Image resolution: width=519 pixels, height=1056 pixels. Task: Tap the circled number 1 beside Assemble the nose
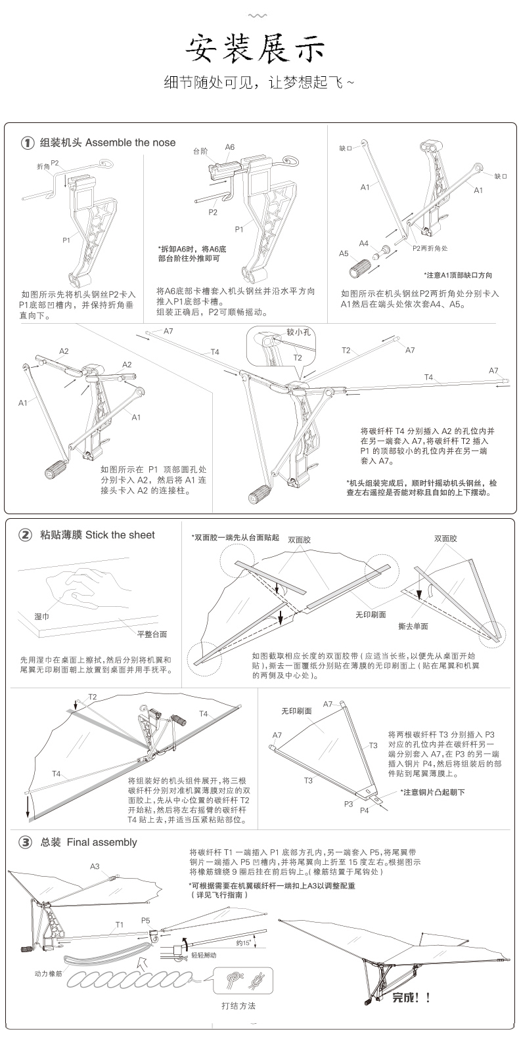[x=27, y=143]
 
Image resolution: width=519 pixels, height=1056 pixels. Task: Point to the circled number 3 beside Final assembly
[x=25, y=842]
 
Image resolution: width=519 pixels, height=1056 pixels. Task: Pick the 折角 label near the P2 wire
[x=43, y=167]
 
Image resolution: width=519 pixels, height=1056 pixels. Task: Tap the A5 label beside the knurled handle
[x=344, y=253]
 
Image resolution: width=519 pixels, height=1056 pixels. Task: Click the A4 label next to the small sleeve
[x=363, y=243]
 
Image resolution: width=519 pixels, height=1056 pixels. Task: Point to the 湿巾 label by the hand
[x=43, y=617]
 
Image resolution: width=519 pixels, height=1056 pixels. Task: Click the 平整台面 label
[x=152, y=634]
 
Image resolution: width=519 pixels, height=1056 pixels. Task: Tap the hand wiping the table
[x=85, y=588]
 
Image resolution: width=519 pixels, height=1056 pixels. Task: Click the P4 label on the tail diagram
[x=364, y=810]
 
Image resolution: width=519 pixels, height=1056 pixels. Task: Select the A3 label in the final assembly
[x=95, y=866]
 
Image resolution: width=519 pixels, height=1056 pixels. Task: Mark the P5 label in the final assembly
[x=146, y=920]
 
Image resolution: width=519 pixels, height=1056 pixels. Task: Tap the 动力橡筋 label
[x=48, y=973]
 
